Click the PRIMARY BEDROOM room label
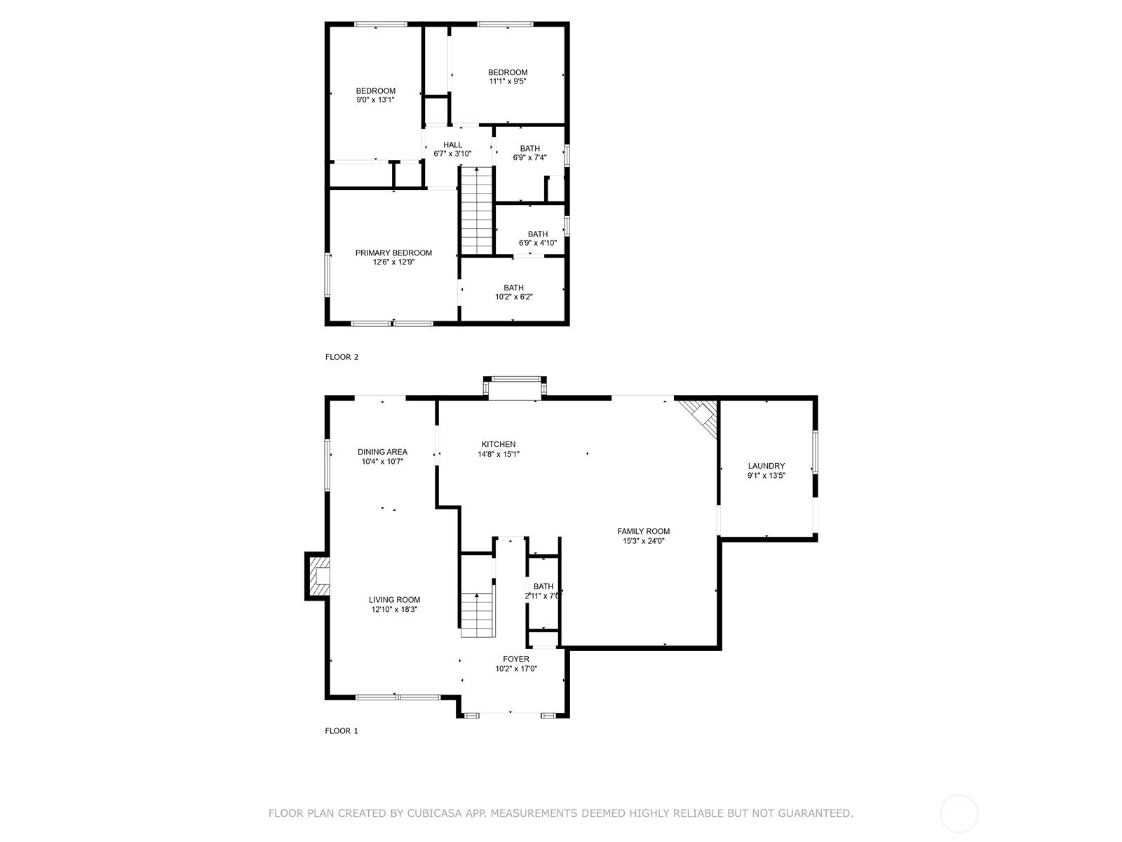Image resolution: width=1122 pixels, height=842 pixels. pos(393,253)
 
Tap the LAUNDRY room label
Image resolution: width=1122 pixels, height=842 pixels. pos(766,466)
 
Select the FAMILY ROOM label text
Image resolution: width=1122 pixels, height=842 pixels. pos(643,531)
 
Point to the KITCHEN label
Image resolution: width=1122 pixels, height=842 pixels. pos(499,444)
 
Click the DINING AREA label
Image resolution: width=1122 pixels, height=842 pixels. pos(382,452)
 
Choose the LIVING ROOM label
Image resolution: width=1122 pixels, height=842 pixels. pos(395,600)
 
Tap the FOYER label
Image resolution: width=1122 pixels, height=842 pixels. pos(515,659)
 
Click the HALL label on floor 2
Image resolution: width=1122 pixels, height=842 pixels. pos(452,145)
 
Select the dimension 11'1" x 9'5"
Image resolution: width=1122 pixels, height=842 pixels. pos(508,81)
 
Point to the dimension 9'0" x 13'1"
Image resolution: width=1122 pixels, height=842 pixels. pos(376,100)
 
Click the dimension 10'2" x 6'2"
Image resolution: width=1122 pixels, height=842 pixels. pos(514,297)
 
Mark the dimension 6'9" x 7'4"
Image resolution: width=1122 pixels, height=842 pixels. pos(529,157)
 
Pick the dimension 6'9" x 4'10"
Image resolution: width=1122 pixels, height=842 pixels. pos(538,243)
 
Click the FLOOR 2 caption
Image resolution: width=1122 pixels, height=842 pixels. pos(342,357)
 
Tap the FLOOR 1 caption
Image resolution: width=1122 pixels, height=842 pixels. pos(342,730)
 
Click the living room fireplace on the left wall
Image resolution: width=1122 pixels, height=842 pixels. pos(318,575)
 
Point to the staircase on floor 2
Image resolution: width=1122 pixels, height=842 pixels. pos(477,210)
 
